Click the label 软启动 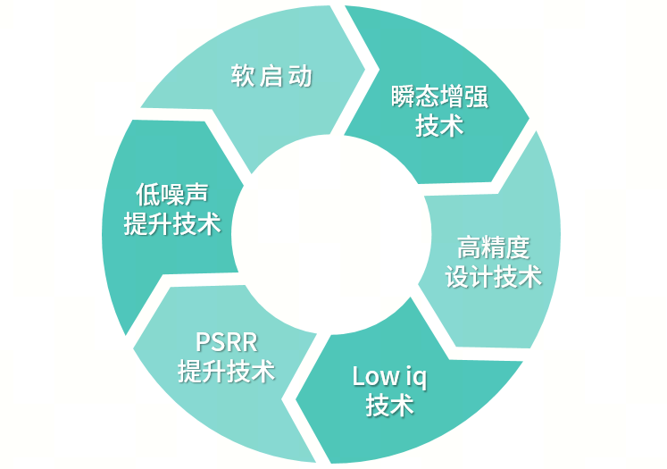point(271,76)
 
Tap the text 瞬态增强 point(439,97)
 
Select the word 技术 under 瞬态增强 point(439,126)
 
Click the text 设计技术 point(493,276)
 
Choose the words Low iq point(389,376)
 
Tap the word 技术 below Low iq point(389,405)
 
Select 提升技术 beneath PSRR point(226,371)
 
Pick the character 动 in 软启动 point(301,76)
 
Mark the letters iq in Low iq point(416,377)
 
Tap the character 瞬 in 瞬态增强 point(404,97)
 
